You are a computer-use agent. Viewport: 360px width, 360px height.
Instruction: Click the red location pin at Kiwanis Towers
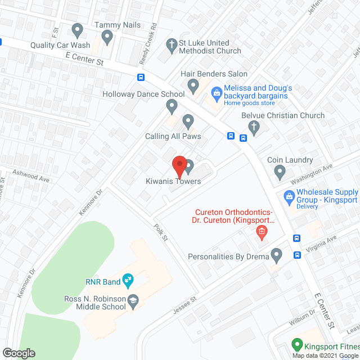coord(179,165)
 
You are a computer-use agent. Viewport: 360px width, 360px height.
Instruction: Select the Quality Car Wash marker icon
coord(78,29)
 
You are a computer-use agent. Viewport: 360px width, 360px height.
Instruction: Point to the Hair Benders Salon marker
coord(193,85)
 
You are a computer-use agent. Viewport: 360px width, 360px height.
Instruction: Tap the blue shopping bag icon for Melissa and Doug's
coord(215,92)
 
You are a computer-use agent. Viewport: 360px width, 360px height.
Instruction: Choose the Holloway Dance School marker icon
coord(172,105)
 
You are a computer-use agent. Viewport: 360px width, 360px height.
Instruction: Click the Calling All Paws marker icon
coord(188,120)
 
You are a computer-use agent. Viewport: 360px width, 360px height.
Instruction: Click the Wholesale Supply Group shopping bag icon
coord(289,196)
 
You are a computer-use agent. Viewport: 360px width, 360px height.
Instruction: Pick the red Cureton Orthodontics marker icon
coord(261,231)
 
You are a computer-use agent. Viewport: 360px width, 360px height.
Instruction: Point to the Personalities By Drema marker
coord(276,255)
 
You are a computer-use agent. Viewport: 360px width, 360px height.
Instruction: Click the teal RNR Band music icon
coord(128,277)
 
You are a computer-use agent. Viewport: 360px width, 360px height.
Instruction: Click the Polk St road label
coord(161,232)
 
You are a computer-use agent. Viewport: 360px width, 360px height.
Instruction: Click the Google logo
coord(19,353)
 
